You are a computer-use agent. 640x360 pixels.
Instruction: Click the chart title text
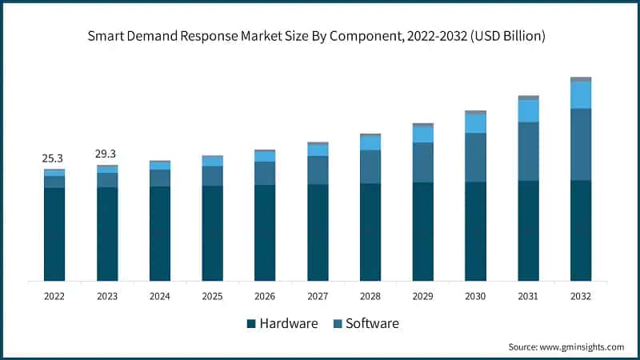coord(320,35)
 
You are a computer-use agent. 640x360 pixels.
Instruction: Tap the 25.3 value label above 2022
coord(54,158)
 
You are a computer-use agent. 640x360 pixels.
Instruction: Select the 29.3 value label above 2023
coord(106,153)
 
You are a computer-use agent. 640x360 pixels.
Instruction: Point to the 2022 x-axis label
coord(54,295)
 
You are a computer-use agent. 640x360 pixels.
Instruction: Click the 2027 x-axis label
coord(318,295)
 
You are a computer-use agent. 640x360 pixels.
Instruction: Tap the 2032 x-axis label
coord(581,295)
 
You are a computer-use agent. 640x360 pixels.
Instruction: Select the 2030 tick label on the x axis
coord(475,295)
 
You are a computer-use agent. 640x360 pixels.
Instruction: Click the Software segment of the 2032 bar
coord(581,144)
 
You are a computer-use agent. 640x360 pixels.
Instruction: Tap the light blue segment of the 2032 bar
coord(581,94)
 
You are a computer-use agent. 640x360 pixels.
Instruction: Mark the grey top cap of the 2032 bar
coord(581,79)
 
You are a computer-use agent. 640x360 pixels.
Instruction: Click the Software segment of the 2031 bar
coord(528,151)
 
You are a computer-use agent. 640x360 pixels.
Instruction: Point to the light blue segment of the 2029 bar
coord(422,134)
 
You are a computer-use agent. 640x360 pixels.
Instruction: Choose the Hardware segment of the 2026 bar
coord(265,233)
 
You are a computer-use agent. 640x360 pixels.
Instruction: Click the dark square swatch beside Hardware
coord(251,324)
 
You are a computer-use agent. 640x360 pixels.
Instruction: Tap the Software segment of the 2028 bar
coord(370,166)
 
